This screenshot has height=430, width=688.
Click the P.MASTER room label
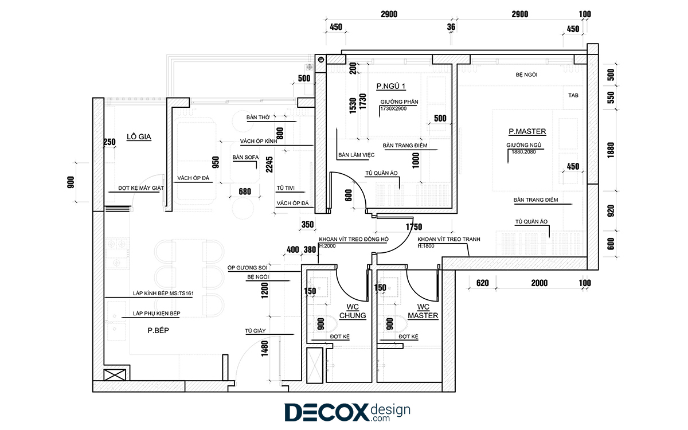point(527,131)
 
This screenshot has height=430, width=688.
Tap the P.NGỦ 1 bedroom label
point(390,87)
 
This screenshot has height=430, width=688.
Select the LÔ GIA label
point(139,136)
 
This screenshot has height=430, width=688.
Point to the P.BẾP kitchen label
point(158,330)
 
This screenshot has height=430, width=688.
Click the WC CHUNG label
point(353,311)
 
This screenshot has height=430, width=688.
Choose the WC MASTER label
point(423,311)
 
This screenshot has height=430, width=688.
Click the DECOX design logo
point(347,412)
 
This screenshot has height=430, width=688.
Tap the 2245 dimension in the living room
point(269,165)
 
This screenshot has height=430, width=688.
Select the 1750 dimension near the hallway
point(414,227)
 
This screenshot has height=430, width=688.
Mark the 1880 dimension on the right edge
point(611,150)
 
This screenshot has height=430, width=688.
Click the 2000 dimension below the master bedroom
point(540,283)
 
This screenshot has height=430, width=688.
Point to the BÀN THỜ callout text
point(258,118)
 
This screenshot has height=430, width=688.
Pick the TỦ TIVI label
point(286,188)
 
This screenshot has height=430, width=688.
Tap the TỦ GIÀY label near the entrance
point(255,331)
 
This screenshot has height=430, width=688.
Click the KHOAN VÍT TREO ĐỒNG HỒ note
point(354,239)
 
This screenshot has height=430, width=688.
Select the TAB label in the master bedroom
point(573,95)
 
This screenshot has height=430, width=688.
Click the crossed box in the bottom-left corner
point(115,375)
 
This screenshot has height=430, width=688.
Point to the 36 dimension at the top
point(451,27)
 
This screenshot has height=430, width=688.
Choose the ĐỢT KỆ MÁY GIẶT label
point(141,188)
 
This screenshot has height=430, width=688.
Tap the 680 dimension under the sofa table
point(245,191)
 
